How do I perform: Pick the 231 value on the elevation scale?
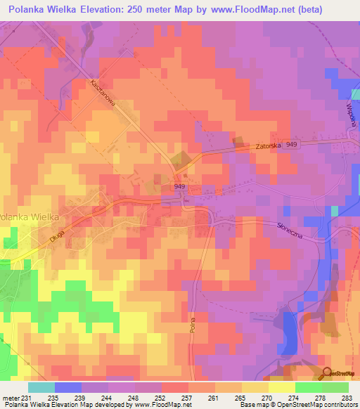[x=27, y=397]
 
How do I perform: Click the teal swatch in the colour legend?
[x=41, y=387]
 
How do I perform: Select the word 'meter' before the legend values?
[x=10, y=397]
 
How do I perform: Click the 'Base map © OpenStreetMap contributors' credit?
[x=298, y=405]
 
